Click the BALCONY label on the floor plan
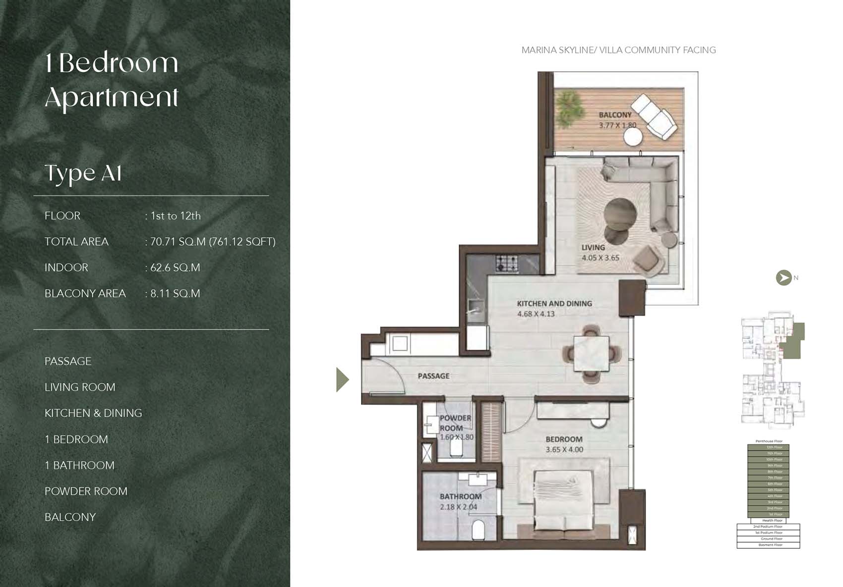click(x=615, y=115)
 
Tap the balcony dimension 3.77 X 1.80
click(x=617, y=125)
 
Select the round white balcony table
click(x=633, y=137)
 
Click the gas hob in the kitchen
click(x=507, y=263)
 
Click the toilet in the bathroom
click(x=478, y=530)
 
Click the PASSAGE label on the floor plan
click(x=433, y=376)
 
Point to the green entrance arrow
click(x=342, y=379)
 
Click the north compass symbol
click(x=783, y=278)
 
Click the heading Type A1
click(x=83, y=173)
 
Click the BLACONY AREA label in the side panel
click(x=85, y=294)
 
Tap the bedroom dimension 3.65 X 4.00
click(x=564, y=450)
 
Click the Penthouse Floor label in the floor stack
click(x=769, y=441)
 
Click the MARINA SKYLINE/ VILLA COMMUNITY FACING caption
click(x=618, y=50)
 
